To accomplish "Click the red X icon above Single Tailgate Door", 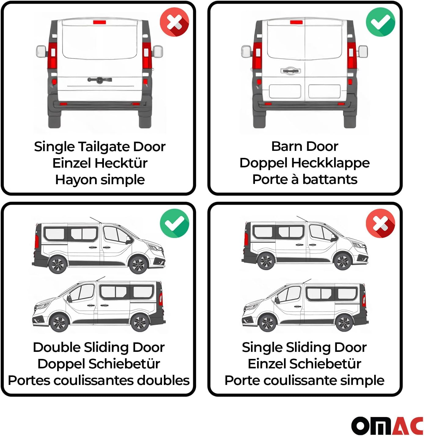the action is pyautogui.click(x=174, y=22).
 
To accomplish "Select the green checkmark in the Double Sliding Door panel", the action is pyautogui.click(x=174, y=223).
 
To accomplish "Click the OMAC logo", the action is pyautogui.click(x=387, y=426).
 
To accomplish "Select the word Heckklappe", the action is pyautogui.click(x=330, y=163).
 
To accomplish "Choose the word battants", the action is pyautogui.click(x=330, y=180).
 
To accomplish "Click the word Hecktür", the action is pyautogui.click(x=121, y=163).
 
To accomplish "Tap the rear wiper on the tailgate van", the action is pyautogui.click(x=99, y=80).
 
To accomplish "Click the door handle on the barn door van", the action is pyautogui.click(x=290, y=71).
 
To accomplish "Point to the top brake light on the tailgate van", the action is pyautogui.click(x=100, y=22).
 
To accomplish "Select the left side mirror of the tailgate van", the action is pyautogui.click(x=41, y=52).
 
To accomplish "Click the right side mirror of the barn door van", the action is pyautogui.click(x=363, y=52).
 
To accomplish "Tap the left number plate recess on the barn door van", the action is pyautogui.click(x=285, y=91).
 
